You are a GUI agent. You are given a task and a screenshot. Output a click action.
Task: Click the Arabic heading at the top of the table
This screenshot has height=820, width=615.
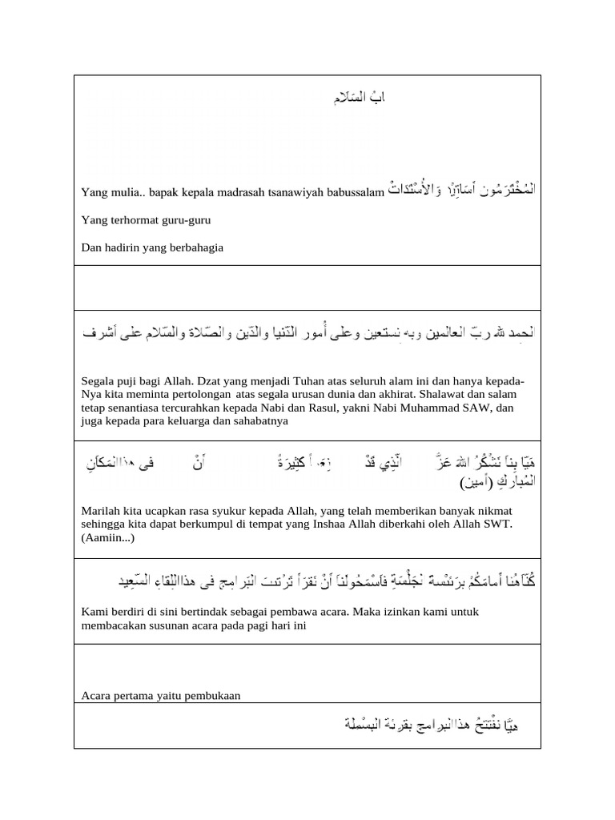[x=360, y=98]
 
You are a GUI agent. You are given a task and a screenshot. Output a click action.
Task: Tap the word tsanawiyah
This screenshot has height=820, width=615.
[x=301, y=192]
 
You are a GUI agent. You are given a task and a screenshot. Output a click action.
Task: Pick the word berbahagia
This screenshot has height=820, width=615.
[x=194, y=247]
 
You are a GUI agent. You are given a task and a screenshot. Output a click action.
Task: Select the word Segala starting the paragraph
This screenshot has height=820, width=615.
[x=98, y=380]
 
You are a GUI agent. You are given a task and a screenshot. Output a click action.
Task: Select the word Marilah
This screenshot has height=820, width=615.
[x=101, y=509]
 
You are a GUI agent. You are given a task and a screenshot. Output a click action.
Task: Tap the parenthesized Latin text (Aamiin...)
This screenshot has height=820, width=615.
[x=108, y=537]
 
